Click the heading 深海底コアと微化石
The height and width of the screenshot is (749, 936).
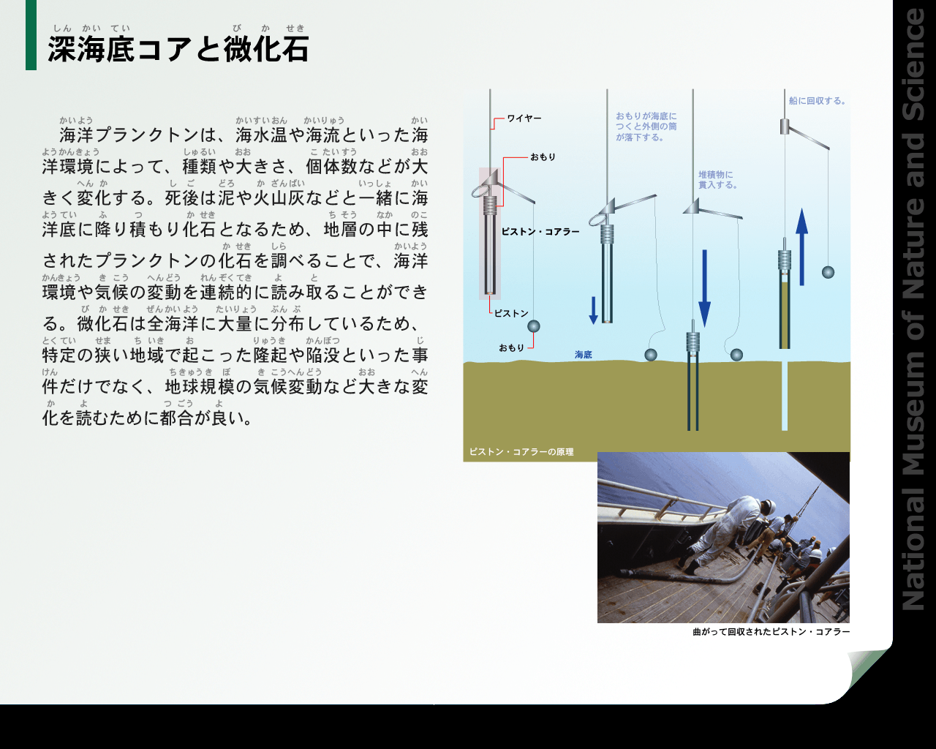[x=178, y=49]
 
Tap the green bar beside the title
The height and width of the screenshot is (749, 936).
[x=31, y=35]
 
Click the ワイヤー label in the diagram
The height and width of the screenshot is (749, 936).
[x=524, y=118]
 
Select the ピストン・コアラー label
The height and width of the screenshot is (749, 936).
[x=540, y=232]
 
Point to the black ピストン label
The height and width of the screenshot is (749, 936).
[x=511, y=313]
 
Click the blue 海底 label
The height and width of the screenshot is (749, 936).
[x=584, y=355]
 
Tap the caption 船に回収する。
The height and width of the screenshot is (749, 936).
[x=818, y=101]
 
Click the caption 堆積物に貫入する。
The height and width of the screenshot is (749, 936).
[x=717, y=180]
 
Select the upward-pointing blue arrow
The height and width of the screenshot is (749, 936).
[x=801, y=246]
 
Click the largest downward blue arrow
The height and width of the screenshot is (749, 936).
[x=704, y=288]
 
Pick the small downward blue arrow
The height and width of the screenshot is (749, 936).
[x=593, y=310]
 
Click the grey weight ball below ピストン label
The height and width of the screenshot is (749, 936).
[x=534, y=326]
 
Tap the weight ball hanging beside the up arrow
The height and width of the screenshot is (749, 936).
[x=828, y=272]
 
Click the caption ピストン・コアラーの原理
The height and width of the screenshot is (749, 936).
[x=521, y=452]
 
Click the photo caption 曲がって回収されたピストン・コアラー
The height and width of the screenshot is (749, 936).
[x=771, y=631]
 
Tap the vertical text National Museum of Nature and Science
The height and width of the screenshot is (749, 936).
[x=914, y=309]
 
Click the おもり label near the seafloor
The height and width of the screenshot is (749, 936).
[x=511, y=347]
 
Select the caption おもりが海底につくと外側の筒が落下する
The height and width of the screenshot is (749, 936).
[x=646, y=127]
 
